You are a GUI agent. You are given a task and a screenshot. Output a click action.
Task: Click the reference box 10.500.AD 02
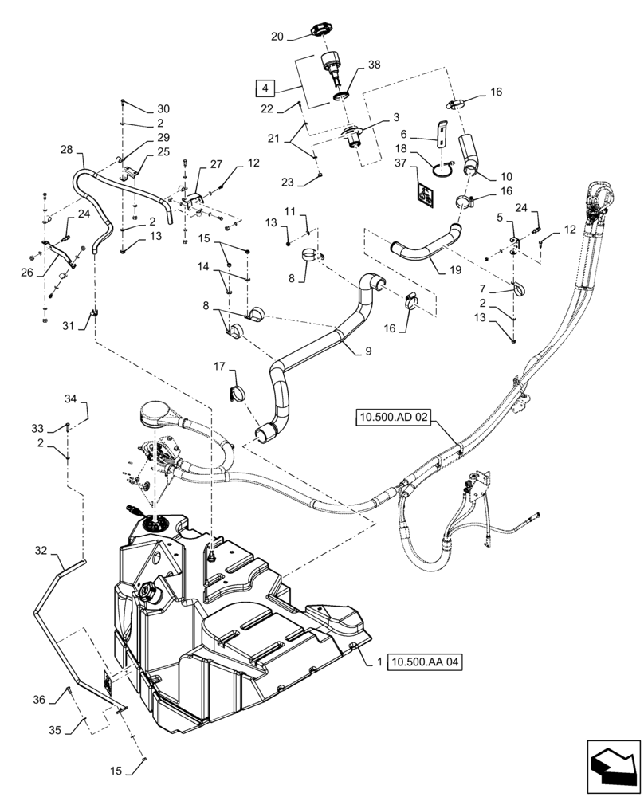pos(395,416)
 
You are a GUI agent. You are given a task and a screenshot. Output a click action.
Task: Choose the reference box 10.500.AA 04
pos(426,661)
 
